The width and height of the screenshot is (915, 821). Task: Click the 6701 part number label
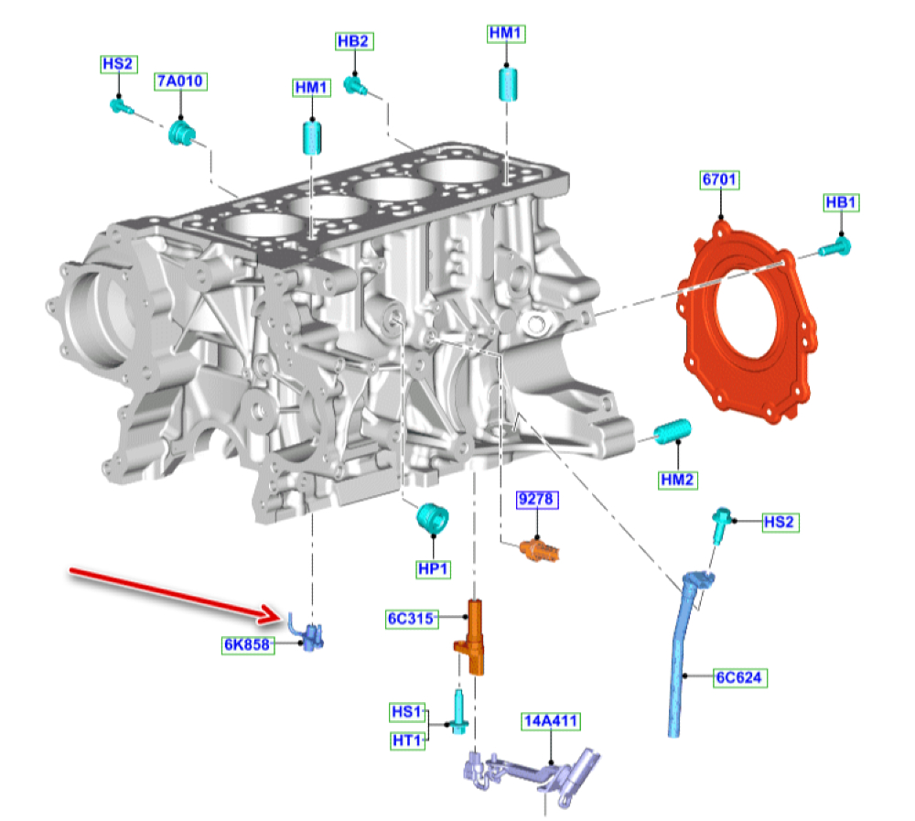click(x=719, y=179)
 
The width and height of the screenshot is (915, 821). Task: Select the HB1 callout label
click(x=842, y=202)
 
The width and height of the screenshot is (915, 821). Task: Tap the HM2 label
click(x=677, y=480)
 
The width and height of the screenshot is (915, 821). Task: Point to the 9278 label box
click(x=537, y=499)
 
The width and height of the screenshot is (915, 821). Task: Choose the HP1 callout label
click(x=434, y=568)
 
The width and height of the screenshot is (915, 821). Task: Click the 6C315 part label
click(x=412, y=619)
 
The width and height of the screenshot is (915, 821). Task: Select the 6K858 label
click(x=248, y=644)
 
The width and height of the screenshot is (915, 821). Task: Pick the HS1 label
click(x=407, y=712)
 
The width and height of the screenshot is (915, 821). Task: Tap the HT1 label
click(x=407, y=740)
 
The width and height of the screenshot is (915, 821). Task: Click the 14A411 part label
click(x=551, y=721)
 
